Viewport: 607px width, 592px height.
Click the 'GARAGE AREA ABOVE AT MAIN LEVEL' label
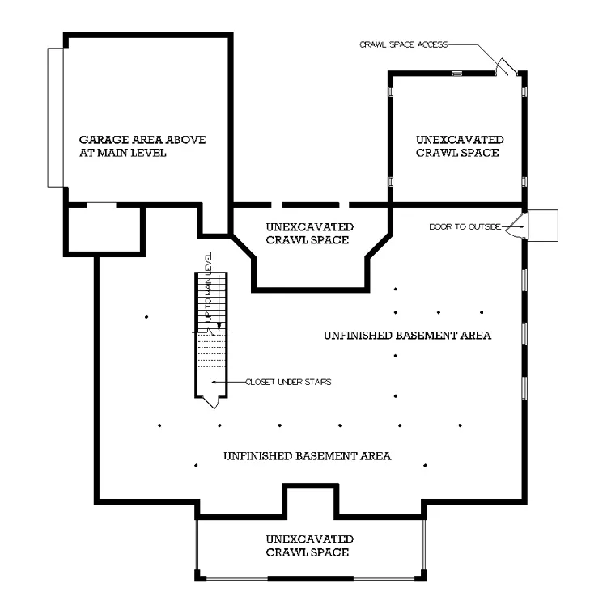[142, 146]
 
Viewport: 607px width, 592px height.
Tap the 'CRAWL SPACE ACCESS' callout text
[403, 44]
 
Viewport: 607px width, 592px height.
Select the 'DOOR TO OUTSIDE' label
[465, 226]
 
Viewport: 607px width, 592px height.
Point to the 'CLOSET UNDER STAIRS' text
[288, 383]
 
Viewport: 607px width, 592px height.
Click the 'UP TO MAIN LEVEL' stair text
[209, 287]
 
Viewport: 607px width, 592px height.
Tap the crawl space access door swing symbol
[507, 66]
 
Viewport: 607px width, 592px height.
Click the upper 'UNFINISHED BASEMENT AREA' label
[407, 336]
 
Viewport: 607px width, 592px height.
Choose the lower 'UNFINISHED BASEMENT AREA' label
[308, 456]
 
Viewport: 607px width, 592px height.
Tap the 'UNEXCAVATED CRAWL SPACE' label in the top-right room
[460, 146]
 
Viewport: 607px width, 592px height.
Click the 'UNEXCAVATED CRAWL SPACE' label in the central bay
[309, 234]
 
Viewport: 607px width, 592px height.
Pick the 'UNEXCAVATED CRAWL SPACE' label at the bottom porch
[309, 546]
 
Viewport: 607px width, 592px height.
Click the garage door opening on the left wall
[56, 117]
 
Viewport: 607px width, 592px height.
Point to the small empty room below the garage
[104, 230]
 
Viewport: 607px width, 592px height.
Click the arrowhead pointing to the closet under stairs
[214, 383]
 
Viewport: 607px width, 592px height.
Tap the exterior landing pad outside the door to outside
[543, 226]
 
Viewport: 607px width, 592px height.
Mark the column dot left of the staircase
[146, 317]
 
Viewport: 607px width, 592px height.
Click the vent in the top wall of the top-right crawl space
[457, 73]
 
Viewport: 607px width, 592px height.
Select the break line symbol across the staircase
[211, 332]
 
